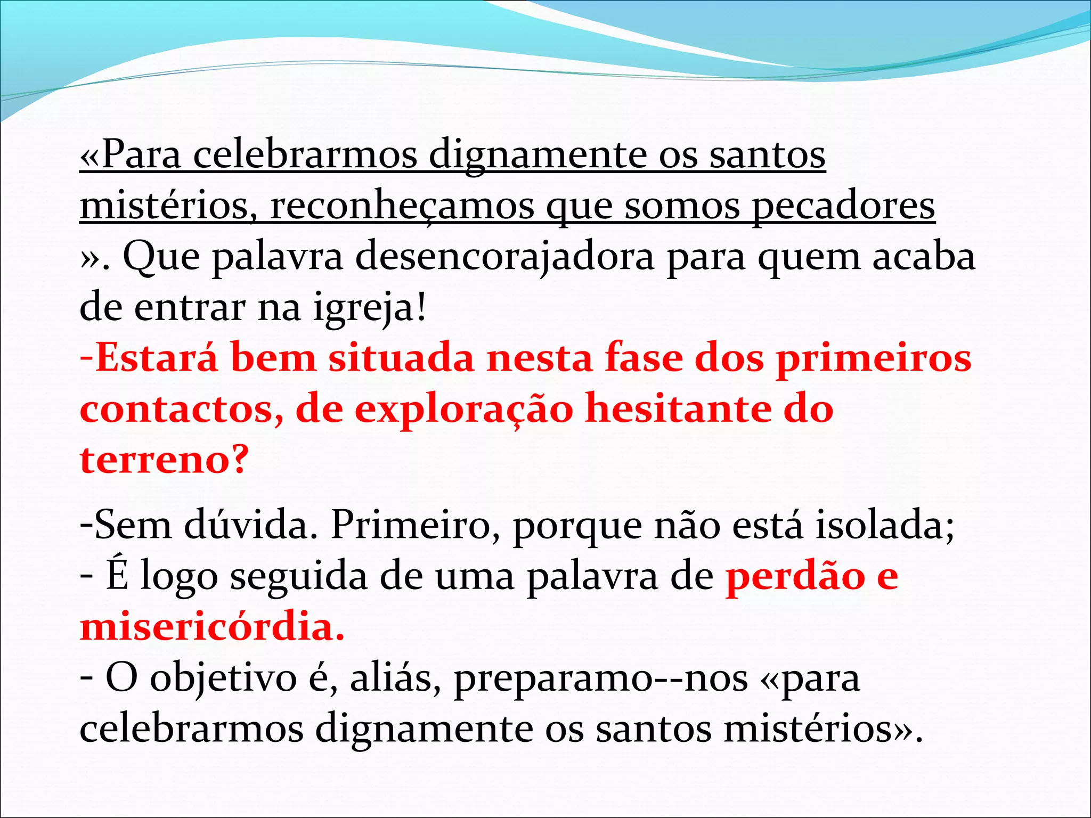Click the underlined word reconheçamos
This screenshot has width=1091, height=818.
402,207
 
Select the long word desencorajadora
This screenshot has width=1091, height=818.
504,257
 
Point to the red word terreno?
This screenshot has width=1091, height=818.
164,460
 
